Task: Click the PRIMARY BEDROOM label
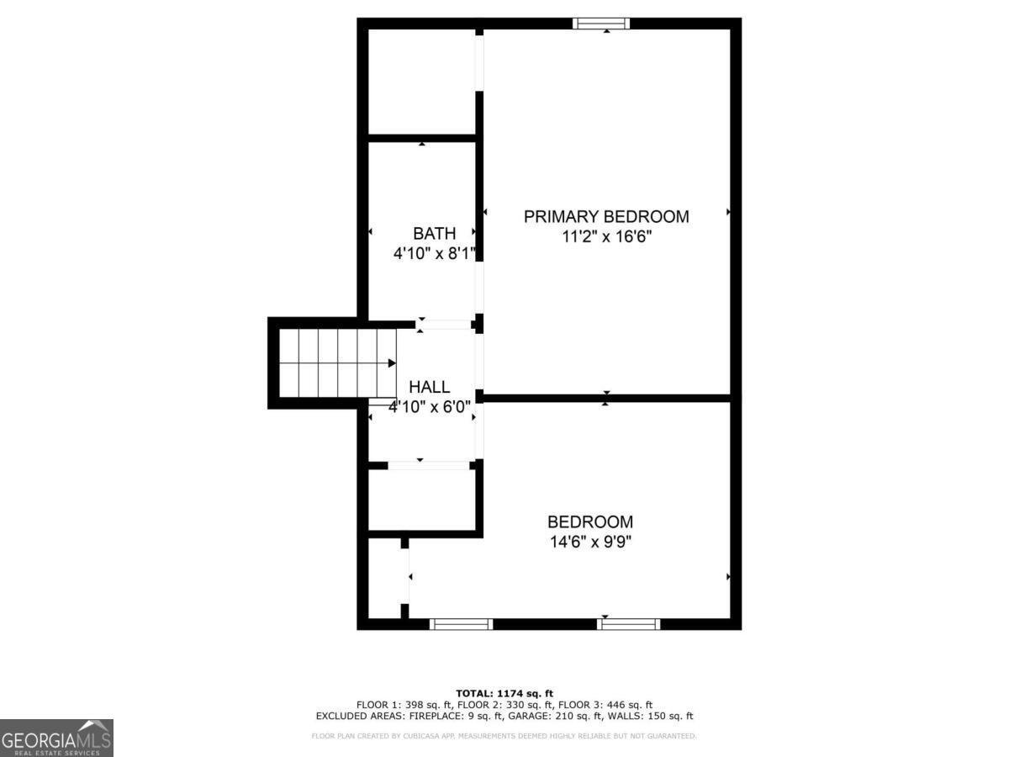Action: click(606, 216)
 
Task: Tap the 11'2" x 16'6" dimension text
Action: click(606, 237)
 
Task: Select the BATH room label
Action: click(434, 233)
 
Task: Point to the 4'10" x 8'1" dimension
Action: click(434, 252)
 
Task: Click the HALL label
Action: click(429, 387)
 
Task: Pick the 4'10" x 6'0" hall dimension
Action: click(429, 406)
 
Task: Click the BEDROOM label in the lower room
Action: click(590, 521)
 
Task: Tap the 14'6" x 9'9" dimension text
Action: click(590, 542)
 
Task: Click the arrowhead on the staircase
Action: click(392, 363)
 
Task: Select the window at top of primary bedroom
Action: click(601, 24)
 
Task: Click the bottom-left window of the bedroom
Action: click(461, 623)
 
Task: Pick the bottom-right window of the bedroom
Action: click(628, 623)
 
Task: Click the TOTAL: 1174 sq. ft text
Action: click(504, 693)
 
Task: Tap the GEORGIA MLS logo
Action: click(56, 738)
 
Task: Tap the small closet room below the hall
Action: click(422, 500)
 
